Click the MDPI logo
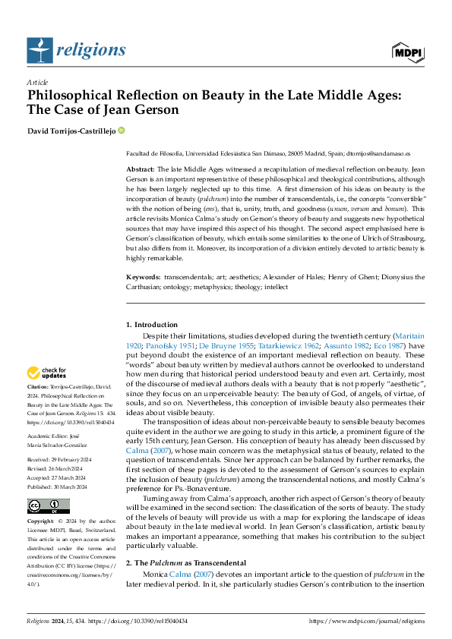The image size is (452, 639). click(x=408, y=51)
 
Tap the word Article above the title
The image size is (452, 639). click(x=37, y=82)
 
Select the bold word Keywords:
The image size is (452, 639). click(x=143, y=278)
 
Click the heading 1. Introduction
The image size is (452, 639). click(x=152, y=325)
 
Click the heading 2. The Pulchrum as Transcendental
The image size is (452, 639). click(x=187, y=562)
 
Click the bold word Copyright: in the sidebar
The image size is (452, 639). click(x=42, y=522)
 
